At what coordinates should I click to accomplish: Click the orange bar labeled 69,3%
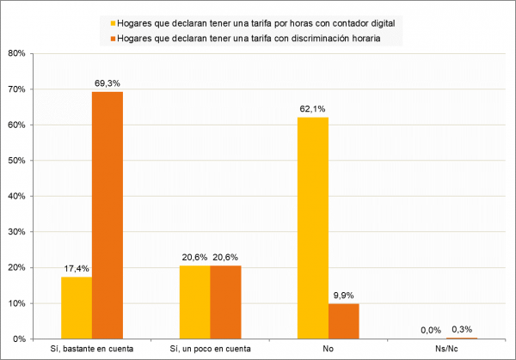click(x=107, y=215)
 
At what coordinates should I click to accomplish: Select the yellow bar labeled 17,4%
click(x=77, y=308)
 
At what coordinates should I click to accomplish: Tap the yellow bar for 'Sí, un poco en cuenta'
click(x=195, y=302)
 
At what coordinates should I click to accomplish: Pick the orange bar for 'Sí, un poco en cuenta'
click(x=226, y=302)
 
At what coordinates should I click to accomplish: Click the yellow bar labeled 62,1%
click(x=313, y=228)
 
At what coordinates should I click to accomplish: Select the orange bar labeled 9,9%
click(x=344, y=321)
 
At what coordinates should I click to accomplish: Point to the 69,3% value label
click(x=107, y=82)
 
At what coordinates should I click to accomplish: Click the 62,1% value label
click(x=312, y=108)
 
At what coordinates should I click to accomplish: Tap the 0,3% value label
click(x=463, y=329)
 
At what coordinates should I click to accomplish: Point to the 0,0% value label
click(x=432, y=330)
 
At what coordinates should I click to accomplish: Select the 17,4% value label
click(x=77, y=268)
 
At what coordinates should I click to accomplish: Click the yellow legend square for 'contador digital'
click(x=104, y=21)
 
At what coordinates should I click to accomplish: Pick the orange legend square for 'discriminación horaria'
click(x=104, y=38)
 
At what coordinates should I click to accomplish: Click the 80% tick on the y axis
click(x=17, y=53)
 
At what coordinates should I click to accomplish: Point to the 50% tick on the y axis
click(x=17, y=161)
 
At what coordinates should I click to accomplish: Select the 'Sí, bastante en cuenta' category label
click(x=92, y=349)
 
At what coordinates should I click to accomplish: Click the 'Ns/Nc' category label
click(x=447, y=349)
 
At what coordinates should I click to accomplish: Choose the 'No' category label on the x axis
click(x=329, y=349)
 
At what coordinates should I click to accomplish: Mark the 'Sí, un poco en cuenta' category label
click(x=211, y=349)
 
